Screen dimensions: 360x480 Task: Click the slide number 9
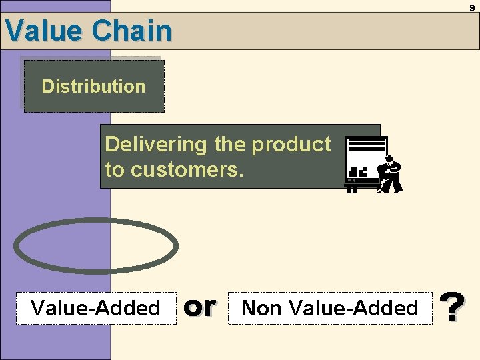(x=472, y=8)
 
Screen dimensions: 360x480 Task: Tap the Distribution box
(x=93, y=86)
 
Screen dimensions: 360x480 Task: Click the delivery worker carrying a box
(x=390, y=175)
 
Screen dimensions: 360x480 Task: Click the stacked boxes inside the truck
(x=359, y=172)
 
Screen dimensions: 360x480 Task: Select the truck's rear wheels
(x=352, y=188)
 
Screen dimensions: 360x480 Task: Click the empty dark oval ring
(x=96, y=245)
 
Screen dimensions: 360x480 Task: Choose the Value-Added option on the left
(x=96, y=308)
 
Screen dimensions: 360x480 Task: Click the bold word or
(x=200, y=306)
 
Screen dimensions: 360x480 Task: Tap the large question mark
(x=453, y=307)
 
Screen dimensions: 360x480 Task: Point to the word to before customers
(x=115, y=170)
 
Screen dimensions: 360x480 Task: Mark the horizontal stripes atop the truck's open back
(x=366, y=145)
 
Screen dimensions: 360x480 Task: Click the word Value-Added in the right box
(x=355, y=308)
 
